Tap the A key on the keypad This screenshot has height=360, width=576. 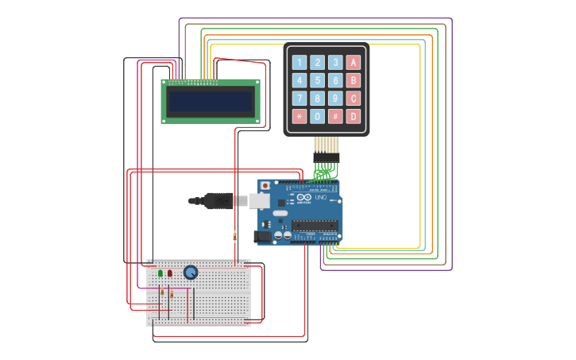coord(354,62)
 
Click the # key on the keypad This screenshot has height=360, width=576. coord(335,117)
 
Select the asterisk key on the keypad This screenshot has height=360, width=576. coord(299,117)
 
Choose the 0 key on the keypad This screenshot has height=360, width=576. coord(317,117)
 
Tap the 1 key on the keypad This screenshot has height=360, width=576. coord(299,62)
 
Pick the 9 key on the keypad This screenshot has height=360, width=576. coord(335,99)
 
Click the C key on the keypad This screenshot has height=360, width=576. coord(354,99)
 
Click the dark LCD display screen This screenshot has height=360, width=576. coord(211,102)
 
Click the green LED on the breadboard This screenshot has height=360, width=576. coord(160,273)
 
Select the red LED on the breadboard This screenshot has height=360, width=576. coord(170,273)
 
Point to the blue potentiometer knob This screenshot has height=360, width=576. coord(191,272)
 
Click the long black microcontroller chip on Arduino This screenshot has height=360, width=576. coord(314,225)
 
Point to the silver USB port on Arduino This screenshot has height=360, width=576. coord(260,201)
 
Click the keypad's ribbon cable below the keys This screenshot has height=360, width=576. coord(326,145)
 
